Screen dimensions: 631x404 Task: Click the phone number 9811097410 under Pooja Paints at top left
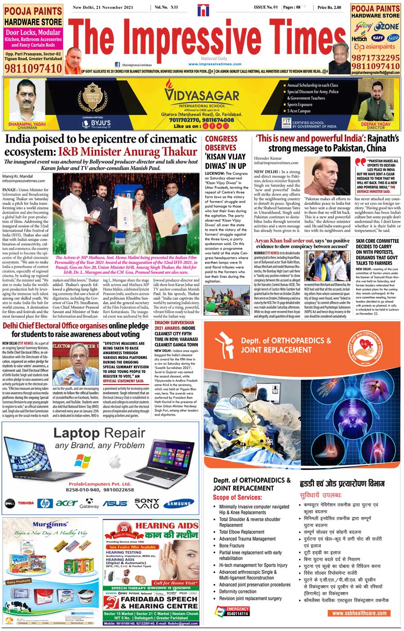(x=33, y=69)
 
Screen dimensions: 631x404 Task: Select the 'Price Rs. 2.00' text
(x=329, y=8)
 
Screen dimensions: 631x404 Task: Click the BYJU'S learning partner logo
(x=97, y=123)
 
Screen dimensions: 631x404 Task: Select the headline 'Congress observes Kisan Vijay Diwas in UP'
(x=225, y=152)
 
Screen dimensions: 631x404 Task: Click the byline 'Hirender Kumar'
(x=268, y=158)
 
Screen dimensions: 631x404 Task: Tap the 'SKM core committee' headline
(x=377, y=252)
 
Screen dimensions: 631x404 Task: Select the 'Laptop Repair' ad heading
(x=99, y=433)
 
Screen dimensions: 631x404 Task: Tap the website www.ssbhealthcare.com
(x=359, y=613)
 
